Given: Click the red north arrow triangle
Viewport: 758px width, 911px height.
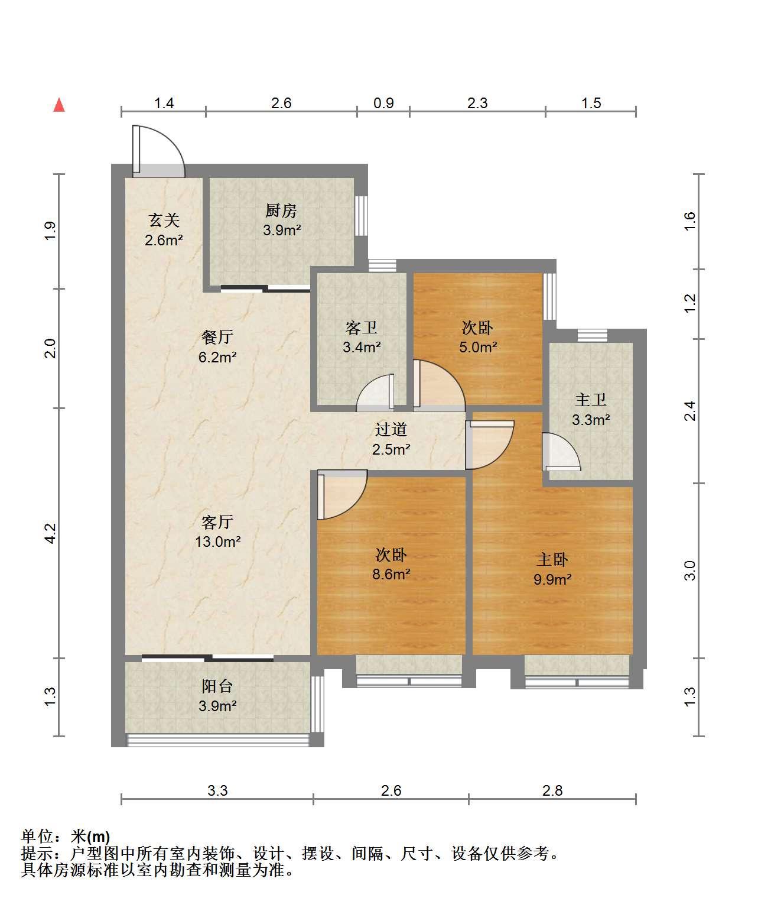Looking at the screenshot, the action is [59, 105].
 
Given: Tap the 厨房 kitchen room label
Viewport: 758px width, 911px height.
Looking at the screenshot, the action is [281, 211].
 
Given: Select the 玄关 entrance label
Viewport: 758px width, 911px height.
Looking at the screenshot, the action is [164, 221].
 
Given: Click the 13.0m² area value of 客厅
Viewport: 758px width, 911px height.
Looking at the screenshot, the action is [217, 542].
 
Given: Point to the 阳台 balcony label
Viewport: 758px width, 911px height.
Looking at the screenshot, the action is [217, 686].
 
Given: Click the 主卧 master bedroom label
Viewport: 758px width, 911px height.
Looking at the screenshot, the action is [552, 560].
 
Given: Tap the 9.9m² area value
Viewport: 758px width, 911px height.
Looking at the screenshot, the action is [552, 579].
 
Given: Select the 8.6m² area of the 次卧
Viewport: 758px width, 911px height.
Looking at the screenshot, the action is [391, 574].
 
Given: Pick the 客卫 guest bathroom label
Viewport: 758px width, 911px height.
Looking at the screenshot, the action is [361, 328].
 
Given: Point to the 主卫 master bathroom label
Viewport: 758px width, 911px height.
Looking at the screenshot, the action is [591, 400].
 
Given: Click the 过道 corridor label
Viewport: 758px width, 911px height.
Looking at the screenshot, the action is [391, 429].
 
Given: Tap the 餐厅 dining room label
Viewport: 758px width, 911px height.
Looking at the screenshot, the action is [217, 337].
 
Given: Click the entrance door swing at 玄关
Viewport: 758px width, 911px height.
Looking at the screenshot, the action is [159, 151].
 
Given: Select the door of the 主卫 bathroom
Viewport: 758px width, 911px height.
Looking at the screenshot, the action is [561, 452].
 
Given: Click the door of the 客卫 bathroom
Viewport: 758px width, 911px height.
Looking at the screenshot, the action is [376, 393].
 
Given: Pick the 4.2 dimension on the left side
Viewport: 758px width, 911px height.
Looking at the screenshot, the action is [51, 533].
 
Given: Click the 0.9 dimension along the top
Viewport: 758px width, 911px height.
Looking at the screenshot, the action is [383, 103].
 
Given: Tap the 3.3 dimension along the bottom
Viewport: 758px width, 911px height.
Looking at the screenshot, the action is [217, 791].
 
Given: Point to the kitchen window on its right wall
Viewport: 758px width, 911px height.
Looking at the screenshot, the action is [361, 216].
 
